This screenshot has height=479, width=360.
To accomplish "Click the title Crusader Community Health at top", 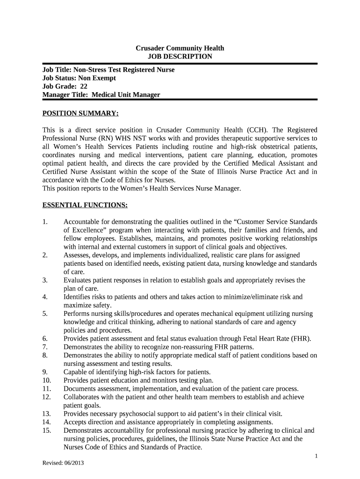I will (180, 48).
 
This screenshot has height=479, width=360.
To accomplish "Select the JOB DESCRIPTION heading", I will (180, 57).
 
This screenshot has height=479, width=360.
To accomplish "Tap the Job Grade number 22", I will (84, 87).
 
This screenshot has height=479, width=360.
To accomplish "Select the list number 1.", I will (45, 221).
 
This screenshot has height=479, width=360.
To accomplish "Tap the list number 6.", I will (45, 338).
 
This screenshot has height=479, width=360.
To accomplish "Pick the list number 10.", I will (46, 380).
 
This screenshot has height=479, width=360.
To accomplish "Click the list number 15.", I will (46, 430).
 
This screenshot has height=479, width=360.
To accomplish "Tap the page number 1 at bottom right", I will (316, 456).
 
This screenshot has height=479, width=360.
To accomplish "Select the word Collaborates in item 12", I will (83, 397).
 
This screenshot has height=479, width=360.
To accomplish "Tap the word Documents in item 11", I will (80, 388).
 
